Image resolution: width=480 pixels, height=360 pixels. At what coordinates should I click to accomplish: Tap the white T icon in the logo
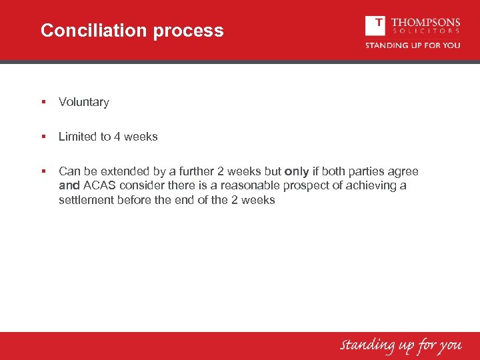tap(375, 25)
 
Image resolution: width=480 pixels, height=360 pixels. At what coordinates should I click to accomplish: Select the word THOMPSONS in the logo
tap(425, 21)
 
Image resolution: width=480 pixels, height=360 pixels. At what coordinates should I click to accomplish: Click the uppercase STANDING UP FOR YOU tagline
tap(412, 45)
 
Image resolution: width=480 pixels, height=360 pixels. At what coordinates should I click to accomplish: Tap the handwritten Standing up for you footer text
tap(401, 345)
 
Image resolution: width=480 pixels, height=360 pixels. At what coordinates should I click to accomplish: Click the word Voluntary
tap(83, 102)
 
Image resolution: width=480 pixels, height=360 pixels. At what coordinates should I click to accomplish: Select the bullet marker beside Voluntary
tap(43, 102)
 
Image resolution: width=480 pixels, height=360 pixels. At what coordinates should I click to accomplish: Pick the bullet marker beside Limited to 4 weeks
tap(43, 137)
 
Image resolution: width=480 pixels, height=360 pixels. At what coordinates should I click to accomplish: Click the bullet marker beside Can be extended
tap(43, 171)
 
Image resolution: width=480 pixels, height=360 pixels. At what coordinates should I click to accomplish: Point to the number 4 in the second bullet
tap(117, 137)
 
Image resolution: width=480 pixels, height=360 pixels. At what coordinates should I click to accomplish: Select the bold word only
tap(297, 171)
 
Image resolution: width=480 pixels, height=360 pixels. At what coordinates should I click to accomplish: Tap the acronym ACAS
tap(99, 185)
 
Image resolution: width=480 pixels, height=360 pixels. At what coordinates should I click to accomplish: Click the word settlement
tap(86, 200)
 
